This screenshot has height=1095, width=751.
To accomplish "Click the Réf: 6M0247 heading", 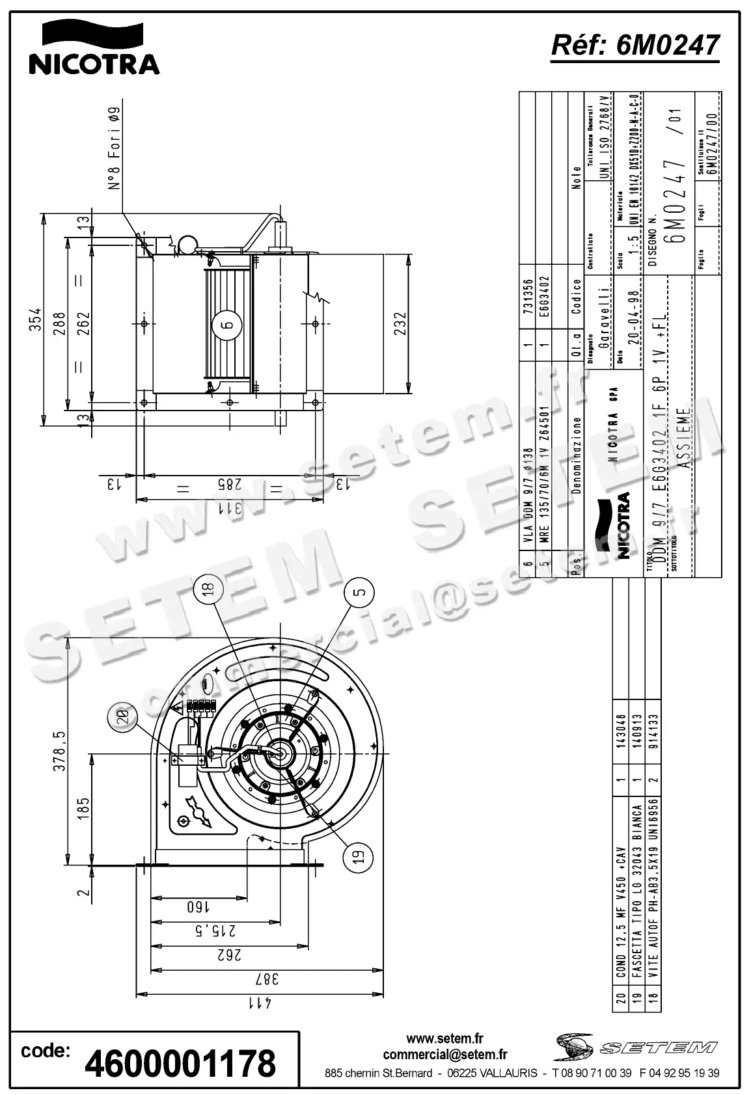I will coord(635,45).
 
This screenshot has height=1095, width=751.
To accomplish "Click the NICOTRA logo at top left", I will coord(94,49).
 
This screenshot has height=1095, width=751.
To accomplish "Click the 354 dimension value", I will coord(37,319).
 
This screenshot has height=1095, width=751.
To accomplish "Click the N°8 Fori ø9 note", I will coord(115,149).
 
